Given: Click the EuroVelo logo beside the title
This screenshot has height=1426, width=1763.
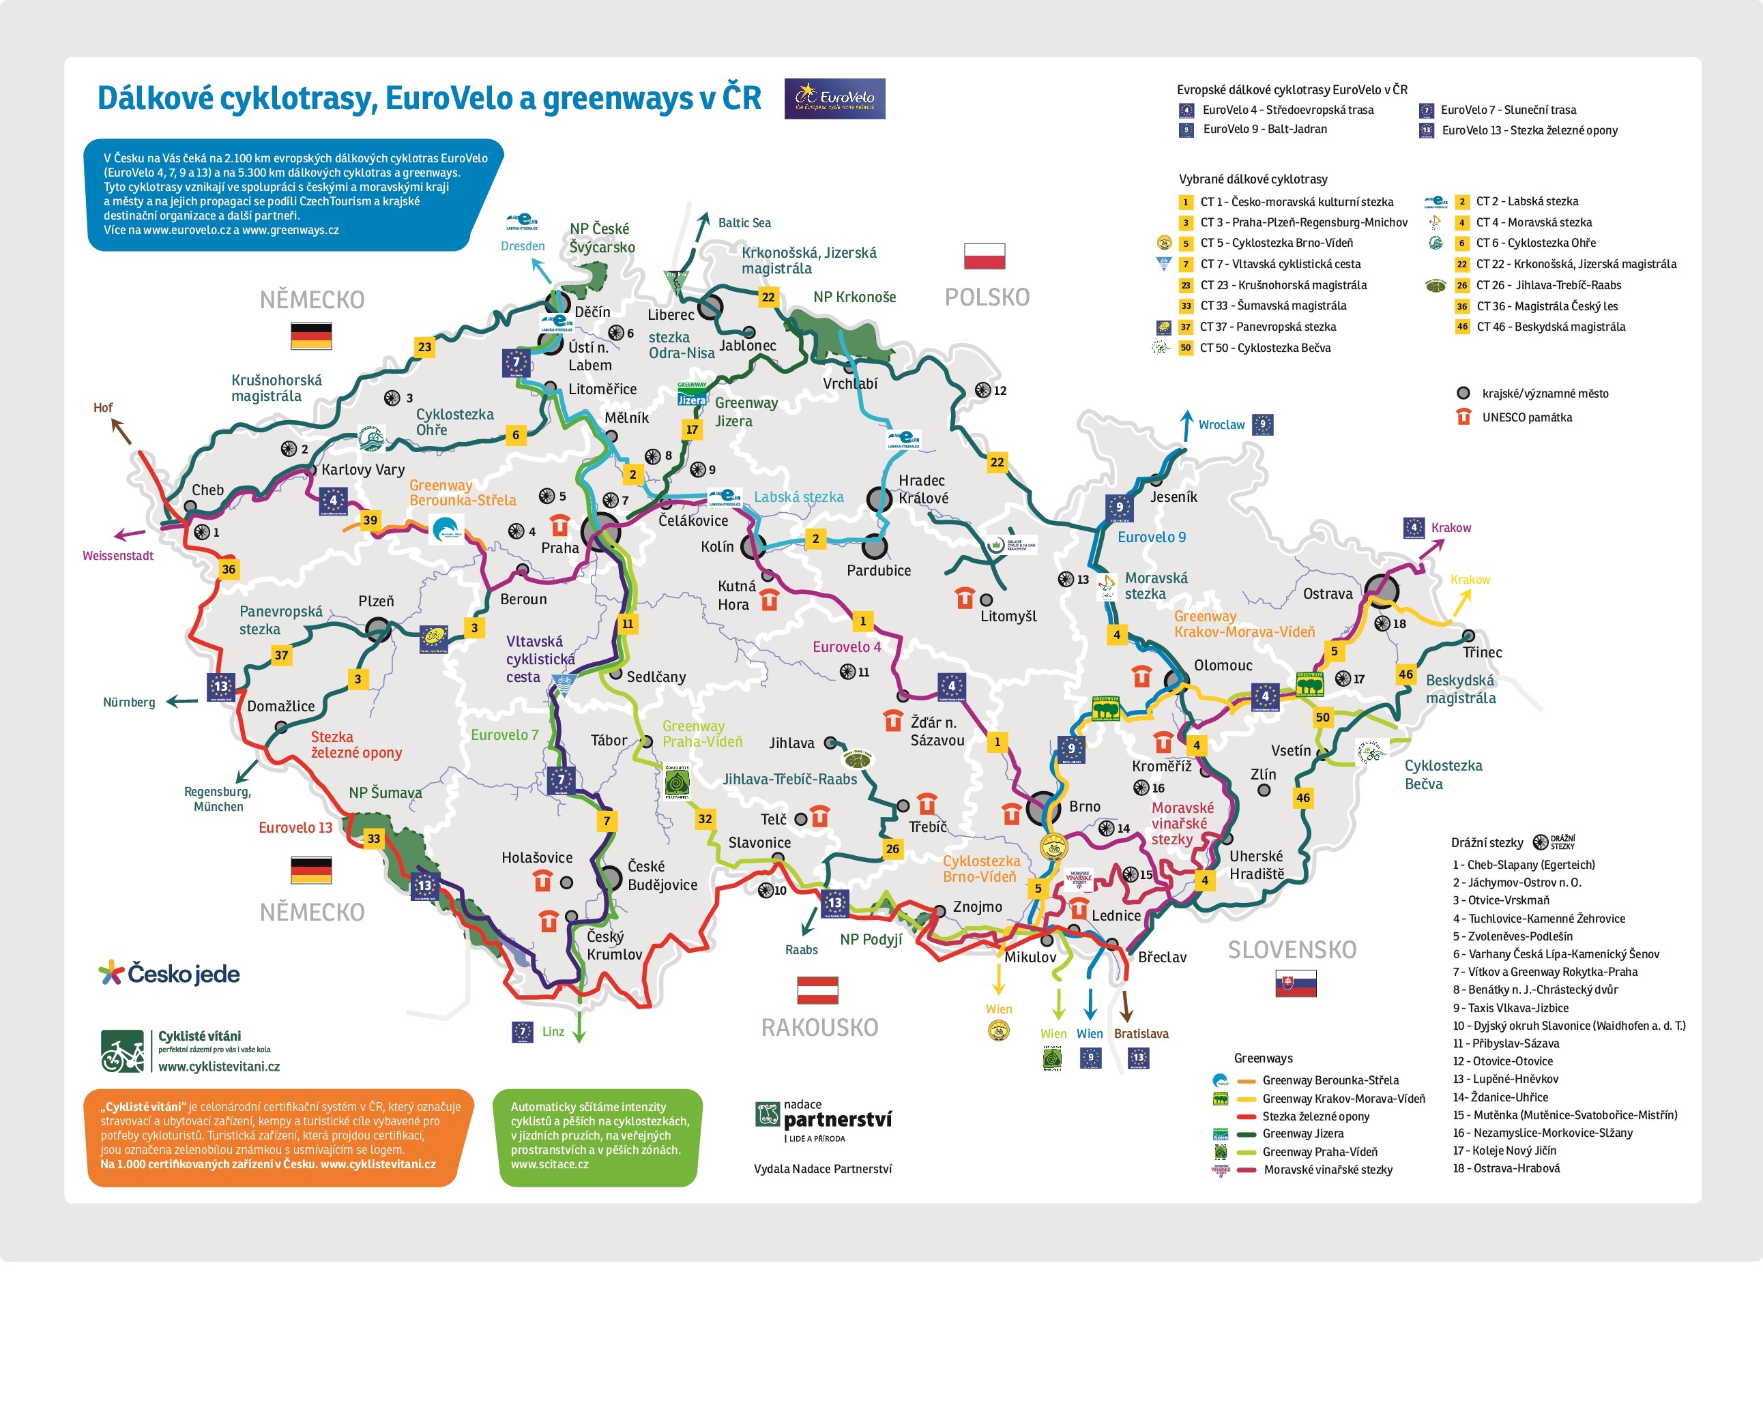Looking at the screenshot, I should (834, 99).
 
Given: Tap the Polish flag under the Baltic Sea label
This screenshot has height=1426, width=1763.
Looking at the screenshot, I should (984, 256).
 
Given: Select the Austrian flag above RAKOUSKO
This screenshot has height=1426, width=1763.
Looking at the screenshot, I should (817, 990).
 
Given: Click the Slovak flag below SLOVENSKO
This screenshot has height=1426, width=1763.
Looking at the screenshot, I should (1296, 983).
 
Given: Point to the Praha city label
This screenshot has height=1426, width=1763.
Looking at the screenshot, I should (559, 548).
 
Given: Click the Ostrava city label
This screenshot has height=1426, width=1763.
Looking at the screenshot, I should (1328, 594).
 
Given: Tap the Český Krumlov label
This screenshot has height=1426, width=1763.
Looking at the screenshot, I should (614, 945).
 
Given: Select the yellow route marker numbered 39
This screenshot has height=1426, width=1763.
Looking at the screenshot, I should (370, 520).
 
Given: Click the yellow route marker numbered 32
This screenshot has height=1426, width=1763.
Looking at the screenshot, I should (705, 819).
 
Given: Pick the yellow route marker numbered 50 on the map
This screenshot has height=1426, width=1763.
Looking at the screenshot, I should (1322, 717).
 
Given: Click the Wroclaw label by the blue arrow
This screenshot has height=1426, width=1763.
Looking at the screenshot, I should (1221, 425).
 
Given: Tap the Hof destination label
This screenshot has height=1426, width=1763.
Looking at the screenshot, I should (103, 407).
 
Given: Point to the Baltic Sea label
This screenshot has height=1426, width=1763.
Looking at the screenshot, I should (744, 222).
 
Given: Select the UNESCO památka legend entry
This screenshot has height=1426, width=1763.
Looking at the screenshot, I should (1526, 417).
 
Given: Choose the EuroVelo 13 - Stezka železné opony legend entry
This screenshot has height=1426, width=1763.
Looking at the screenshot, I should (1529, 130).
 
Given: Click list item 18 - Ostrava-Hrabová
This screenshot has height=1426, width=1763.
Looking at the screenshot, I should (1506, 1168).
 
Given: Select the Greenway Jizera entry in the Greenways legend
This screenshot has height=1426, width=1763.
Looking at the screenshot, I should (1302, 1133).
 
